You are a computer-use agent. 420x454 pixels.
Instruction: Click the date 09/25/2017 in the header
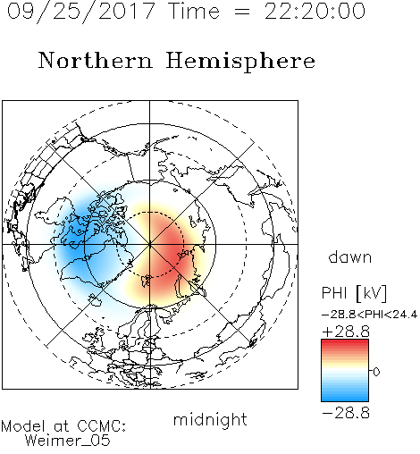(x=80, y=12)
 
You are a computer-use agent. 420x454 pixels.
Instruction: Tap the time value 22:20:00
(x=315, y=11)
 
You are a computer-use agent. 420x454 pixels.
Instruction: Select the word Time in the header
(x=194, y=11)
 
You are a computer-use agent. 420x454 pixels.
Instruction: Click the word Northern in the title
(x=96, y=61)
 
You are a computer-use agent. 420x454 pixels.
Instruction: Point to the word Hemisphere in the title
(x=240, y=62)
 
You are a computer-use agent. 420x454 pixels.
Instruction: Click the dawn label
(x=350, y=256)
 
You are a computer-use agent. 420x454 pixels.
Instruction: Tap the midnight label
(x=210, y=419)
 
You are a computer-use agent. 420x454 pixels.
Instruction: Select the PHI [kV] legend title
(x=354, y=293)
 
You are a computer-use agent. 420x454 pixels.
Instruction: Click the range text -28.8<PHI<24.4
(x=369, y=315)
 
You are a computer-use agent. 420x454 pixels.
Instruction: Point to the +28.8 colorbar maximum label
(x=346, y=332)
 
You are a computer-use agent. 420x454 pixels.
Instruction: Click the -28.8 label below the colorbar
(x=346, y=413)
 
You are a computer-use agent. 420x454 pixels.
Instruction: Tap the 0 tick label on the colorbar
(x=376, y=372)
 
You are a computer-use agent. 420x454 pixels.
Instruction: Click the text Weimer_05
(x=68, y=441)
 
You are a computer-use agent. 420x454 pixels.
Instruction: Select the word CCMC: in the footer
(x=102, y=426)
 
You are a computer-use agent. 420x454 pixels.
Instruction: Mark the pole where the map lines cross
(x=150, y=244)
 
